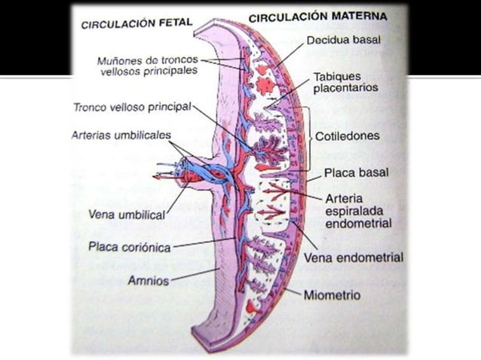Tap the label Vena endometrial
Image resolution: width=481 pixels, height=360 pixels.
pos(353,257)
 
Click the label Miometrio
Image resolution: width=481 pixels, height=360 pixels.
pos(332,294)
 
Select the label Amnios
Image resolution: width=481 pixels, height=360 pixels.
pos(148,279)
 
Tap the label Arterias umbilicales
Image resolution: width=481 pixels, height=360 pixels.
pos(121,136)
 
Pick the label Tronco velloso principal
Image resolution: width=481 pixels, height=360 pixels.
pos(132,106)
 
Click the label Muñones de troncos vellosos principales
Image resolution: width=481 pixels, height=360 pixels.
pos(148,65)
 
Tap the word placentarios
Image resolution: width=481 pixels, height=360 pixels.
pos(346,88)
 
